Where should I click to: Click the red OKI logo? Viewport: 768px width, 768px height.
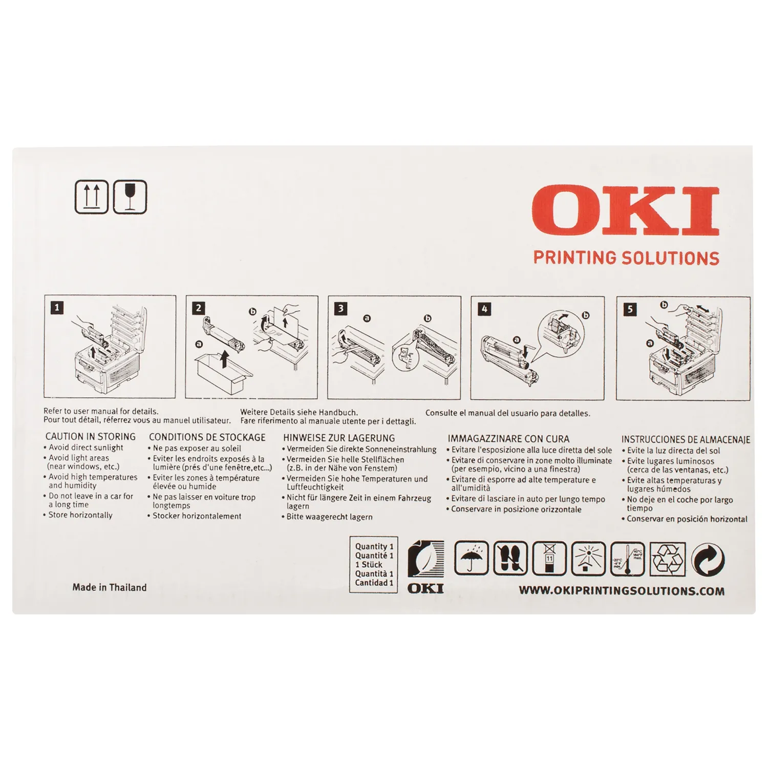[x=626, y=211]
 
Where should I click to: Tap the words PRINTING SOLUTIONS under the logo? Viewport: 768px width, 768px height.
[x=626, y=258]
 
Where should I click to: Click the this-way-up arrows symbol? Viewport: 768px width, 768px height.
[x=92, y=197]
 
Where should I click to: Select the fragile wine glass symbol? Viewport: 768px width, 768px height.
[x=130, y=197]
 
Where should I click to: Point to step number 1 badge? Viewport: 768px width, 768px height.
[x=57, y=308]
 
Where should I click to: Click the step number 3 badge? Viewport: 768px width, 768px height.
[x=340, y=308]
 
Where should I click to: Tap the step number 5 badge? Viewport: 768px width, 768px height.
[x=630, y=309]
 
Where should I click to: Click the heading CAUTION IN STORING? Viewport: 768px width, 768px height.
[x=91, y=437]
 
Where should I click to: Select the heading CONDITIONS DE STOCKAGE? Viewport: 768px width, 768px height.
[x=207, y=437]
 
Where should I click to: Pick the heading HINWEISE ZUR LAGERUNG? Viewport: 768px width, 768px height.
[x=339, y=438]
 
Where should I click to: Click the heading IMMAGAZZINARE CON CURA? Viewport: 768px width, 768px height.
[x=508, y=439]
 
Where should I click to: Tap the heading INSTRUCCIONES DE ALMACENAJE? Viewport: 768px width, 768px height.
[x=686, y=439]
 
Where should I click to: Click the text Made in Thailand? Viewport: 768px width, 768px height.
[x=110, y=587]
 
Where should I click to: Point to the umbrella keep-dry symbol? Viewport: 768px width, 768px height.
[x=472, y=559]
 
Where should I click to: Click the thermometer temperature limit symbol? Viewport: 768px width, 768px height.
[x=628, y=559]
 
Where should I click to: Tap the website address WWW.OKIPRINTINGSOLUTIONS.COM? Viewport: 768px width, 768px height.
[x=622, y=591]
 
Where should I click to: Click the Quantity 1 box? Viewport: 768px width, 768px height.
[x=374, y=564]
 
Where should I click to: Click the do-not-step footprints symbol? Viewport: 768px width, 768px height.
[x=510, y=559]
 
